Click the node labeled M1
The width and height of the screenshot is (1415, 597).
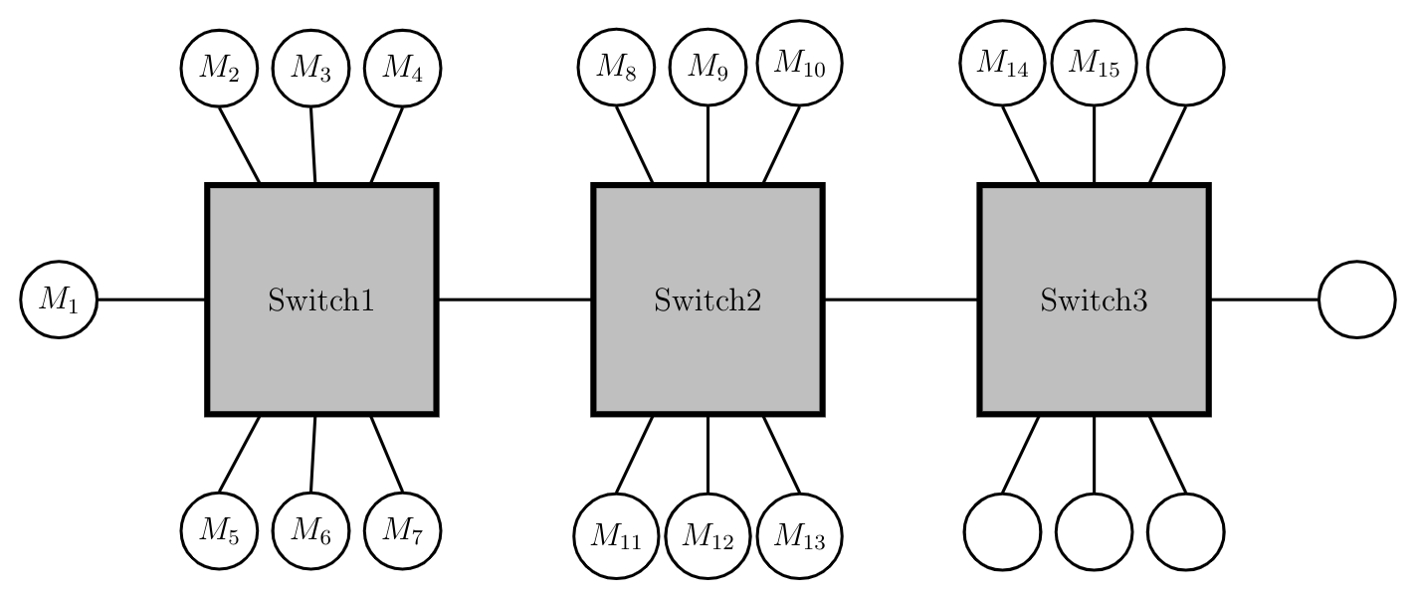(x=59, y=299)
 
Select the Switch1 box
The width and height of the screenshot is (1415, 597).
(x=321, y=299)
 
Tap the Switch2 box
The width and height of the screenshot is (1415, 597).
(x=707, y=299)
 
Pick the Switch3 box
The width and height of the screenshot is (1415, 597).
(x=1094, y=299)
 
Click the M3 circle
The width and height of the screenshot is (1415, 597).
(x=310, y=68)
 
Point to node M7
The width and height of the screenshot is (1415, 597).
(x=403, y=530)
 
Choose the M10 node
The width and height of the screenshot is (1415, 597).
(x=800, y=63)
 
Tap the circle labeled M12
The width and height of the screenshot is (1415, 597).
(x=707, y=537)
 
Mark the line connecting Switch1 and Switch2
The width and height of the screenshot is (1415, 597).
(x=514, y=299)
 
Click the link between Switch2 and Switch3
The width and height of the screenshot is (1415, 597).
(x=901, y=299)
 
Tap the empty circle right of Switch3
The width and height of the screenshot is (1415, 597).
(x=1357, y=299)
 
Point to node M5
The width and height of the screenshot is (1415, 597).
(x=219, y=530)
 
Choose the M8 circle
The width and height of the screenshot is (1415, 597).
(x=616, y=68)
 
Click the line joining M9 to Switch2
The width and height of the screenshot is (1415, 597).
(x=707, y=145)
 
